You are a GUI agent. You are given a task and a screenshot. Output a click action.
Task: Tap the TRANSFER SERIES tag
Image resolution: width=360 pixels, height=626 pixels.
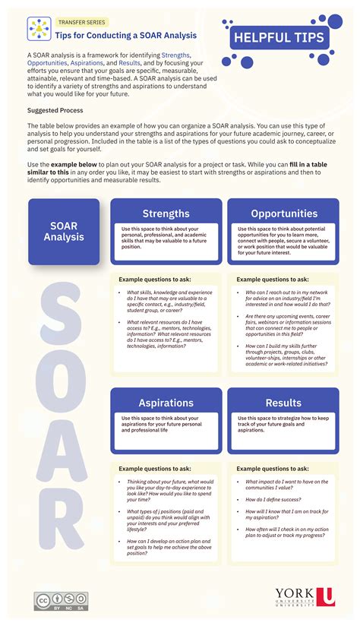pos(81,23)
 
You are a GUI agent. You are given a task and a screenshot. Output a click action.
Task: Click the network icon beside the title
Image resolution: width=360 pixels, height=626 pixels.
pos(39,29)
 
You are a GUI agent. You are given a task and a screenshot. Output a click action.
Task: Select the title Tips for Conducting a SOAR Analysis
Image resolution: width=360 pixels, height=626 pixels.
pos(126,35)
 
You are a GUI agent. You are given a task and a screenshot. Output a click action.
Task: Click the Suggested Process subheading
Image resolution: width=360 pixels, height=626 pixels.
pos(55,110)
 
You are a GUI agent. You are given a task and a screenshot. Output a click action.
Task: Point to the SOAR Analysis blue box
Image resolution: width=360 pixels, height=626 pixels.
pos(64,232)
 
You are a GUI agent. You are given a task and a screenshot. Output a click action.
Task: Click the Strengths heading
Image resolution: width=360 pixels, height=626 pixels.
pos(166,213)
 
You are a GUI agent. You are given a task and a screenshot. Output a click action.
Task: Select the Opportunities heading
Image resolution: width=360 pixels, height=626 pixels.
pos(284,213)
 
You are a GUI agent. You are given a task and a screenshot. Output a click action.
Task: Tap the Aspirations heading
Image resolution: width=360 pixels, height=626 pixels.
pos(166,403)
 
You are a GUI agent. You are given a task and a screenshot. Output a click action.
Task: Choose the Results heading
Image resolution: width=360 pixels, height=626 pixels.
pos(283,403)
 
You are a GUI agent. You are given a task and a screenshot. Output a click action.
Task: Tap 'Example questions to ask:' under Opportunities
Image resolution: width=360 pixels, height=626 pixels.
pos(273,280)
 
